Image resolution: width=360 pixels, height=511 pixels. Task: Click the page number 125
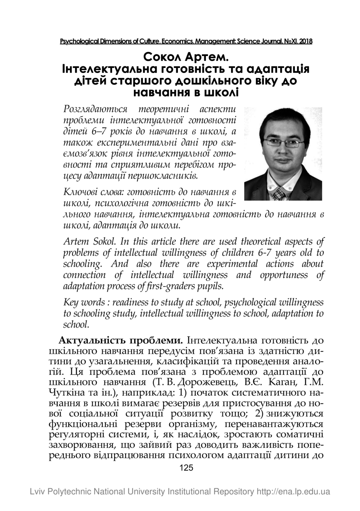(x=187, y=468)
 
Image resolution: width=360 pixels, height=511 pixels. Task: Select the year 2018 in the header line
(x=306, y=41)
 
